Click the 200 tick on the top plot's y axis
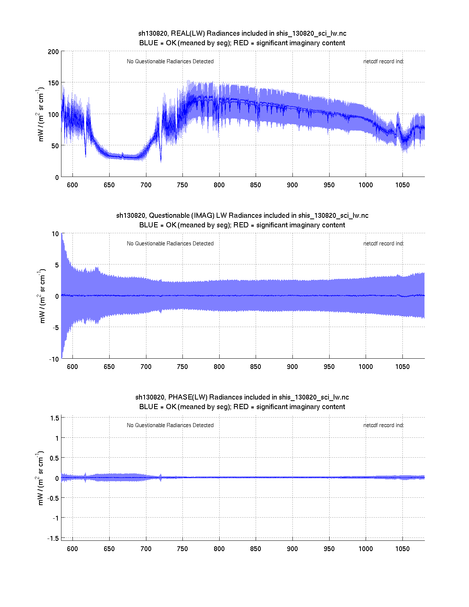53,52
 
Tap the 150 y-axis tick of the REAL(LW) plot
53,83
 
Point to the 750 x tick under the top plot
182,185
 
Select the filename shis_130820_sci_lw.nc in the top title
311,33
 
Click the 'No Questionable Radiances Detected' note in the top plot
170,61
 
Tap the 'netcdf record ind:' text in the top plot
383,61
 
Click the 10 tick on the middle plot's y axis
55,234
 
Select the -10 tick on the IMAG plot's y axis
54,359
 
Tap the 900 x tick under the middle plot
292,367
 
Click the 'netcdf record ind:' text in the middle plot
383,244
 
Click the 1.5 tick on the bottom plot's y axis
54,418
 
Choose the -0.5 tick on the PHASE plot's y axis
53,498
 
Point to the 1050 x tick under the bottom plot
402,549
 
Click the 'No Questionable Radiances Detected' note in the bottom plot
170,425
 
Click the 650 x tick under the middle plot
109,367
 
